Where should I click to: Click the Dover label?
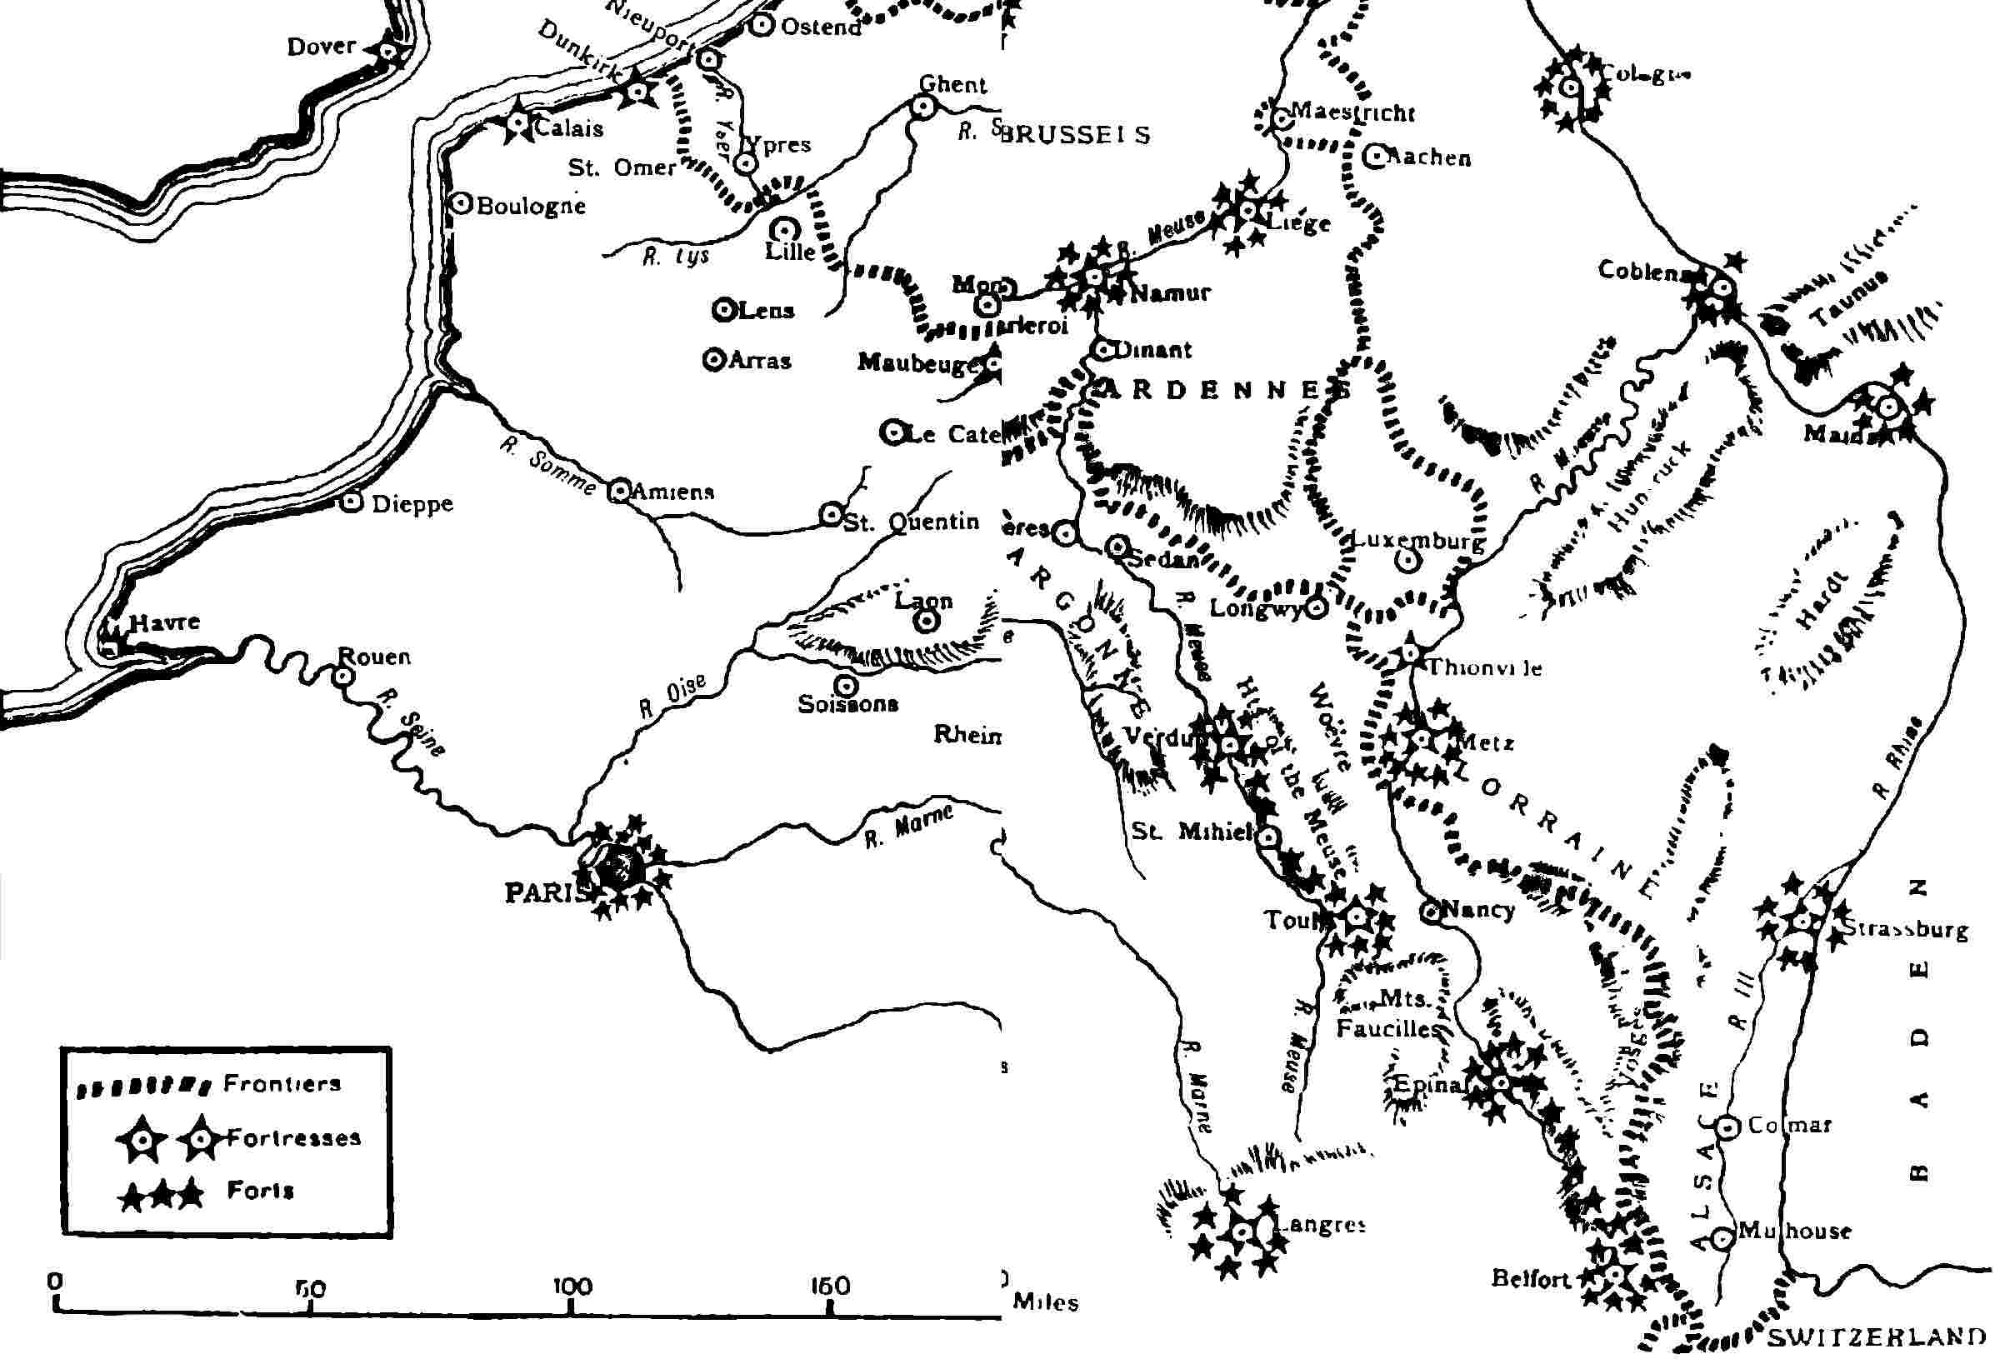tap(321, 46)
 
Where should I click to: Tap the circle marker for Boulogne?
tap(462, 203)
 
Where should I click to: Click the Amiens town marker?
tap(619, 491)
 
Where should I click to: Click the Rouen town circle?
tap(343, 677)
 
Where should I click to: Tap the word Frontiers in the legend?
tap(282, 1083)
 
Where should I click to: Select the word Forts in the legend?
tap(260, 1191)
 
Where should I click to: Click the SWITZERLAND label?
tap(1877, 1338)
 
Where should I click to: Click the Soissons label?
tap(848, 705)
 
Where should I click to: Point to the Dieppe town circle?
tap(350, 502)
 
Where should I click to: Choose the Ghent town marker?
tap(922, 106)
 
